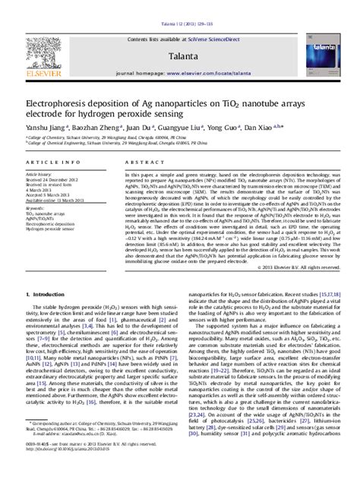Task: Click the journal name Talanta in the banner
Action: (x=178, y=35)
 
